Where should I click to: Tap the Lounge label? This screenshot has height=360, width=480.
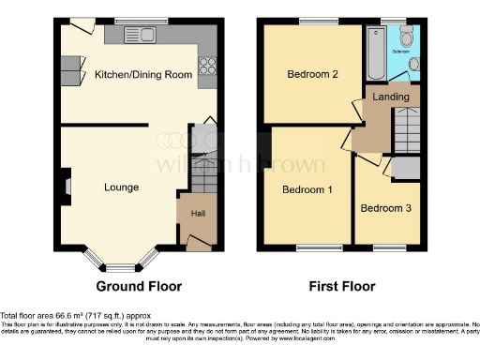point(122,187)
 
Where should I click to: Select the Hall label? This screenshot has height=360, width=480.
point(198,214)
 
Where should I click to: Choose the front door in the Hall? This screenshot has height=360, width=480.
point(198,243)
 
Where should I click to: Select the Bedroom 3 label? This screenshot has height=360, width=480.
point(384,208)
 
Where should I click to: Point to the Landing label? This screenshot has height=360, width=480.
point(389,97)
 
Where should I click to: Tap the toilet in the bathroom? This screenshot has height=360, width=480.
point(405,37)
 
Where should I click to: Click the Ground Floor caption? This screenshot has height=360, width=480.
point(138,286)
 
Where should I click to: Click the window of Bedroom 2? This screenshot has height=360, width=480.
point(312,22)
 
